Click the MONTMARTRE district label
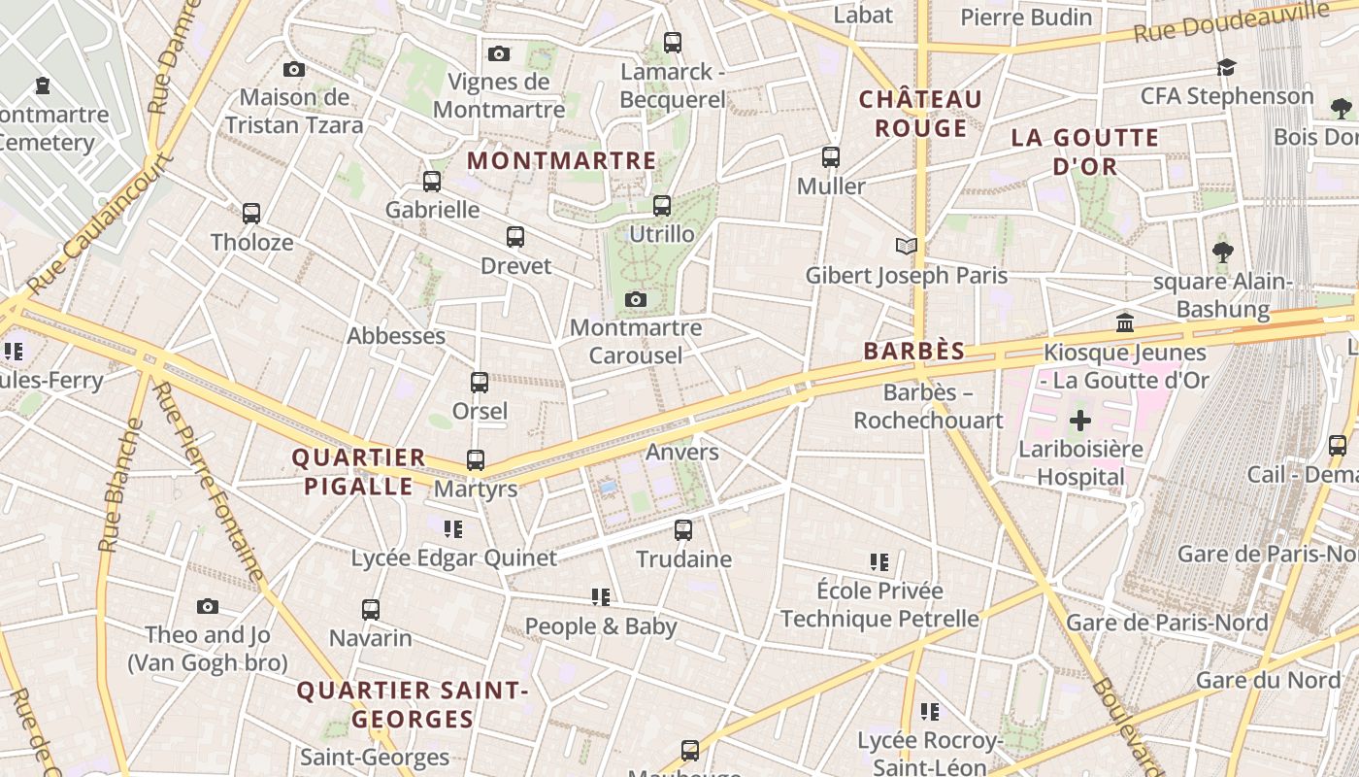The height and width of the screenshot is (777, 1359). [x=562, y=160]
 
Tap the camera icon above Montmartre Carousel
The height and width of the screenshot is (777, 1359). [x=636, y=299]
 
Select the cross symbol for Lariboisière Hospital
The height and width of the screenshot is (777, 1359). [x=1079, y=421]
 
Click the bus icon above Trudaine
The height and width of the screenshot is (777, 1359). [x=683, y=529]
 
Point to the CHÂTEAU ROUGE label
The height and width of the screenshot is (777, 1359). [x=920, y=114]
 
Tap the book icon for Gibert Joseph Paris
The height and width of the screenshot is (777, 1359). [x=907, y=247]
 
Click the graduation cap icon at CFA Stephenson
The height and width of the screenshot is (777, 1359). [x=1227, y=68]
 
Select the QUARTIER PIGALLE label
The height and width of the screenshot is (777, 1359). [x=359, y=471]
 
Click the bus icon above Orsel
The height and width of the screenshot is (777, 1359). [x=480, y=383]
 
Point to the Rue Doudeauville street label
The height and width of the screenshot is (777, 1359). [x=1231, y=22]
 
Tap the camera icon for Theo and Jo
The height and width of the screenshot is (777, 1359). [x=208, y=607]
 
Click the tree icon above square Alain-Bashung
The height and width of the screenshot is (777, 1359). [x=1223, y=253]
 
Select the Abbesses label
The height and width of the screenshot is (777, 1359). [x=396, y=336]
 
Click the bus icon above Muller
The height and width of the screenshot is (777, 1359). [x=831, y=156]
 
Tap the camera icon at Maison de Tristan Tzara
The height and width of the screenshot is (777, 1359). [x=294, y=69]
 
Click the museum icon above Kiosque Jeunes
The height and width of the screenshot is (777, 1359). [x=1125, y=322]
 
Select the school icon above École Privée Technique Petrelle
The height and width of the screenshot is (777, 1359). [x=879, y=561]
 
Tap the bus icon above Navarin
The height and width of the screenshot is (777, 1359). [x=371, y=610]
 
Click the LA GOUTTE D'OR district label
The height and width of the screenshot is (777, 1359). [x=1085, y=152]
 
